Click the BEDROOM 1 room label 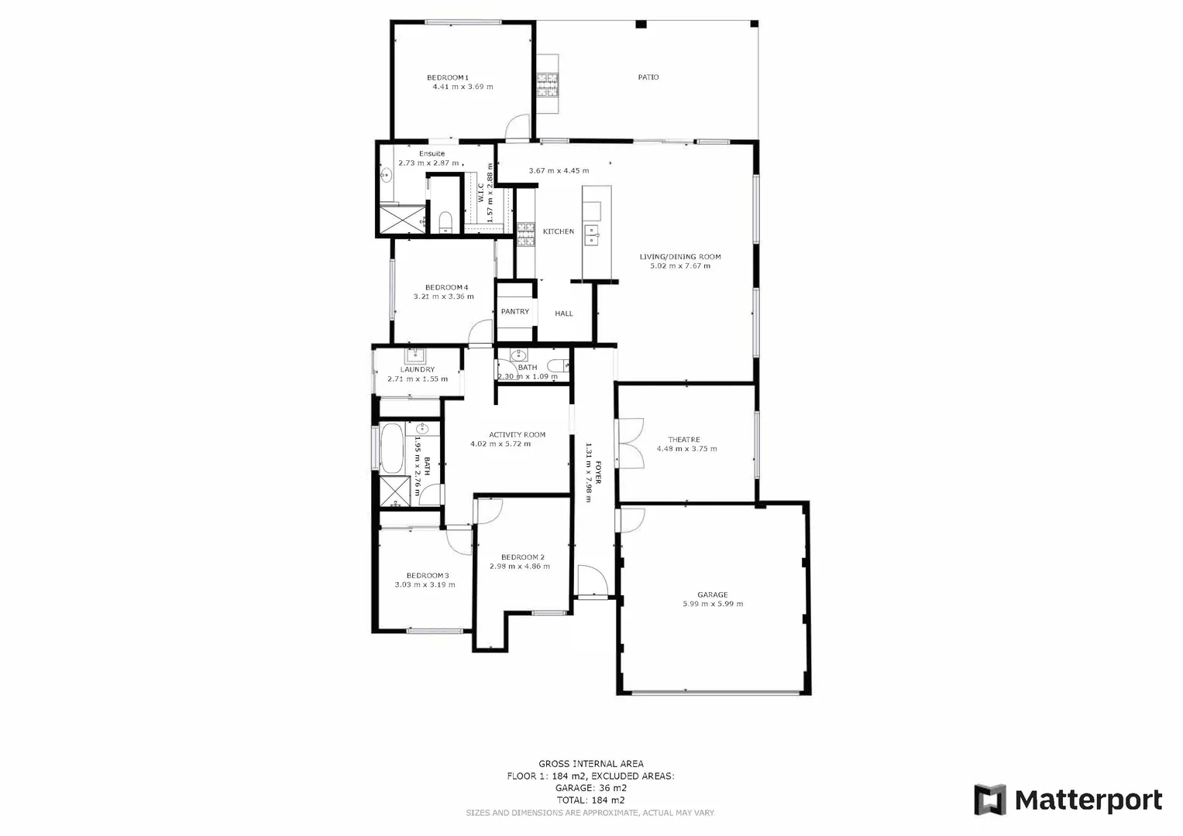click(448, 77)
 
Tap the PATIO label click(648, 77)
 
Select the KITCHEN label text click(558, 231)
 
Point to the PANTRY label click(514, 312)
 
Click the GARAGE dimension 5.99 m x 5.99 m click(712, 604)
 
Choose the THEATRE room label click(684, 440)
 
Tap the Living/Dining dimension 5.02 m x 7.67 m click(680, 266)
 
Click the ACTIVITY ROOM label click(517, 435)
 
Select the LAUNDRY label click(418, 370)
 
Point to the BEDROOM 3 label click(428, 576)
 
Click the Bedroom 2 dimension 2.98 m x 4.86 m click(519, 567)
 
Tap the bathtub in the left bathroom click(391, 448)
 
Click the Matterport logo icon click(989, 800)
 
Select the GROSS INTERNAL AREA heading click(590, 764)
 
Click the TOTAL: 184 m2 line click(590, 800)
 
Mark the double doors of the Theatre click(629, 443)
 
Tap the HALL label click(564, 313)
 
